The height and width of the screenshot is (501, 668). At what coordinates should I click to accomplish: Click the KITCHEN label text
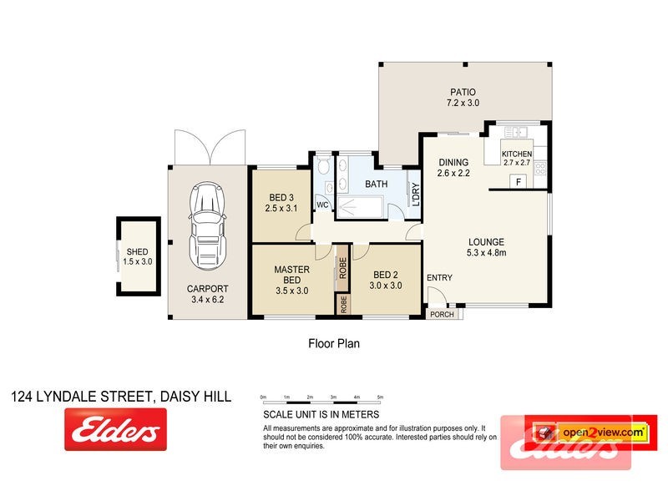pyautogui.click(x=516, y=158)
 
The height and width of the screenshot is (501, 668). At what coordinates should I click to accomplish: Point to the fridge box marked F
pyautogui.click(x=518, y=182)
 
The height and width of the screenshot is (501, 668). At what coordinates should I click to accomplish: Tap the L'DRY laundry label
pyautogui.click(x=413, y=195)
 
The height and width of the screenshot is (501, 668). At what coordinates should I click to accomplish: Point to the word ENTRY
pyautogui.click(x=439, y=278)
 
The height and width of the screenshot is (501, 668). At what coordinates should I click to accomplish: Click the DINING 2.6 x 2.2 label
pyautogui.click(x=454, y=168)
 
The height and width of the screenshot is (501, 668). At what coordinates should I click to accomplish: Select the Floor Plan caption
pyautogui.click(x=334, y=342)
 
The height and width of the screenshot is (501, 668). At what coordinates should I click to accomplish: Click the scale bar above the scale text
pyautogui.click(x=321, y=401)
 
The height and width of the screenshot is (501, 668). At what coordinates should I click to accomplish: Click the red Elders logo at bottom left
pyautogui.click(x=115, y=432)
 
